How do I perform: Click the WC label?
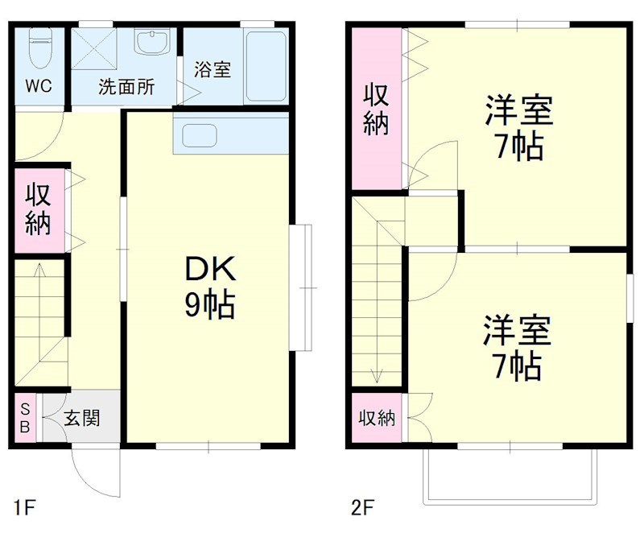pos(38,86)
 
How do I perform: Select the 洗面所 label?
pos(126,87)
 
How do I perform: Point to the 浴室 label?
pos(213,69)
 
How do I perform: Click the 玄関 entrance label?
pos(81,418)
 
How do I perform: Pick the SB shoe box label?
pos(25,417)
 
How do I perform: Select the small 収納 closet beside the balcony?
pos(377,418)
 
